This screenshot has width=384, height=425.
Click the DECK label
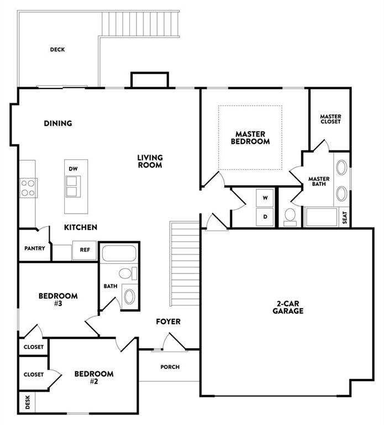[x=57, y=50]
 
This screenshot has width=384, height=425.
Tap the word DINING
[x=58, y=123]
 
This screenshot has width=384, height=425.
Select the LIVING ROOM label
[x=150, y=161]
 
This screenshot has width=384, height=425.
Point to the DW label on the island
[x=73, y=169]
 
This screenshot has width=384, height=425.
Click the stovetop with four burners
[x=28, y=188]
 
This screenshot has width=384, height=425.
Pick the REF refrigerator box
[x=84, y=250]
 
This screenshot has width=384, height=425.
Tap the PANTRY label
[x=35, y=248]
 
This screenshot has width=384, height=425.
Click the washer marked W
[x=265, y=198]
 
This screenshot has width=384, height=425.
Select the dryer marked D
[x=265, y=217]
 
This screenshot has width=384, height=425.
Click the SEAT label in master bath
[x=344, y=217]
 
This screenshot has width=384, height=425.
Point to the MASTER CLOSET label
[x=330, y=119]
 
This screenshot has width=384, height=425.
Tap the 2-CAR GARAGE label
[x=288, y=307]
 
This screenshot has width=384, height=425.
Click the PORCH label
[x=170, y=367]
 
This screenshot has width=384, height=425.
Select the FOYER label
[x=168, y=322]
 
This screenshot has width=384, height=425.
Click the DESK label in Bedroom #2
[x=28, y=402]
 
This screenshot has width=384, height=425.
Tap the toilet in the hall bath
[x=128, y=273]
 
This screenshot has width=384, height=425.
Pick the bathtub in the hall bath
[x=119, y=253]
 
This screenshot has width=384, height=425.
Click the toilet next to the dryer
[x=290, y=217]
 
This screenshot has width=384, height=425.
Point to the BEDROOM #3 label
[x=58, y=299]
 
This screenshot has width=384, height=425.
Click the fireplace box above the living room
[x=150, y=80]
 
